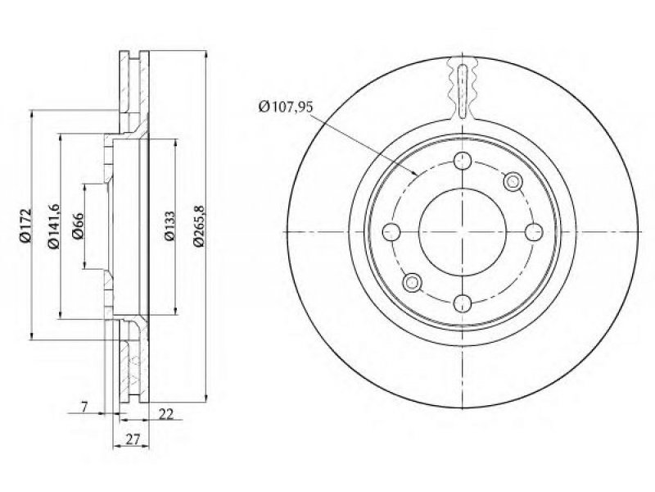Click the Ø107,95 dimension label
(285, 107)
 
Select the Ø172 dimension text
(25, 225)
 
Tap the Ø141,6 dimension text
(54, 226)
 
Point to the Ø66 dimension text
(77, 226)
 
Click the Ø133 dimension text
(169, 226)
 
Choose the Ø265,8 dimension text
(198, 226)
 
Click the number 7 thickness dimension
(84, 406)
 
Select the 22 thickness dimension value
(166, 414)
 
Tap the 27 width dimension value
(133, 440)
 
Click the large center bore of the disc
(463, 232)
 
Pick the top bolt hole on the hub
(463, 161)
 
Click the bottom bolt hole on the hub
(463, 303)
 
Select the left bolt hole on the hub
(392, 232)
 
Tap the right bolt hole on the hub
(534, 232)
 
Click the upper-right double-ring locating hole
(513, 181)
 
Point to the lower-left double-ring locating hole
(413, 282)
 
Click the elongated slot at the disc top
(463, 92)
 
